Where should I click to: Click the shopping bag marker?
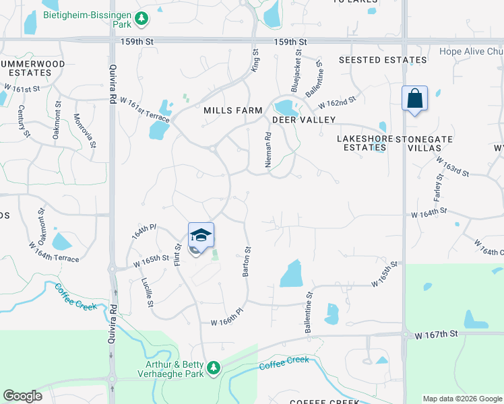click(414, 98)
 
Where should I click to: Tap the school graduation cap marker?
click(201, 236)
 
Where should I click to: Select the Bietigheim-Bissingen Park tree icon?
click(141, 20)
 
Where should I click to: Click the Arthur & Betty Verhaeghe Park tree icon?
click(214, 367)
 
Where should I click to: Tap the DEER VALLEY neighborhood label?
click(303, 120)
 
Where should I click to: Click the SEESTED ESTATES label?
click(383, 60)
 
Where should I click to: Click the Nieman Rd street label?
click(268, 149)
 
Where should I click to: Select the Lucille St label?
click(148, 293)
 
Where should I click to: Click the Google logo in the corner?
click(23, 396)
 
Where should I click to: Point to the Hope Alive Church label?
click(471, 51)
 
